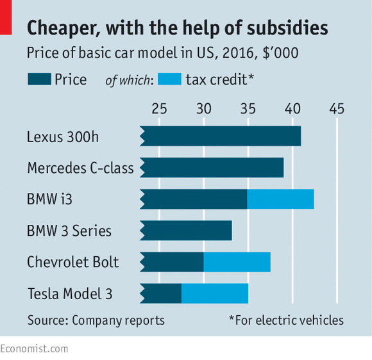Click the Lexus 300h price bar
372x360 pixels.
point(221,136)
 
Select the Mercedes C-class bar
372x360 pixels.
point(212,168)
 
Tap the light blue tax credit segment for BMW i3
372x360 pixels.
point(280,199)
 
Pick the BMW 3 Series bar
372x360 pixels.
point(186,231)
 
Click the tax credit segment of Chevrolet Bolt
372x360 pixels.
point(237,262)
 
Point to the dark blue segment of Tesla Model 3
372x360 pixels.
point(160,293)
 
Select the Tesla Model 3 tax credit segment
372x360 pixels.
point(215,293)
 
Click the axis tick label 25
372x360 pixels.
point(159,109)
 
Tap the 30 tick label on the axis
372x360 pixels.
point(203,109)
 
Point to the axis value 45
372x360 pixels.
point(337,109)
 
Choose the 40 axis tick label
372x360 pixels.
point(292,109)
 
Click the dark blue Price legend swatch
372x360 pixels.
point(39,79)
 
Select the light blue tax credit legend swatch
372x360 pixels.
point(169,79)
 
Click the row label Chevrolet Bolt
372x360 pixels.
point(73,262)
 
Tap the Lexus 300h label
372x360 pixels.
point(63,136)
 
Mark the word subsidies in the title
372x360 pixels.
point(287,28)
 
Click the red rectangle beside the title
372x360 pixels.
point(6,17)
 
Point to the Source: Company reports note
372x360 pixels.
point(96,320)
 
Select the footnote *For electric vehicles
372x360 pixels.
point(286,320)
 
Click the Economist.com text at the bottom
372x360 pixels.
point(34,349)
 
